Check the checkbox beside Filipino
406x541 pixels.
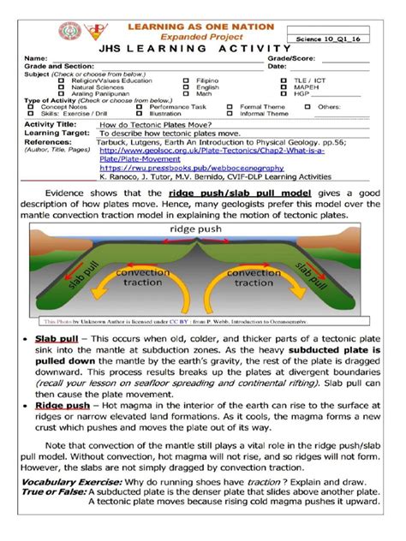[x=187, y=80]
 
